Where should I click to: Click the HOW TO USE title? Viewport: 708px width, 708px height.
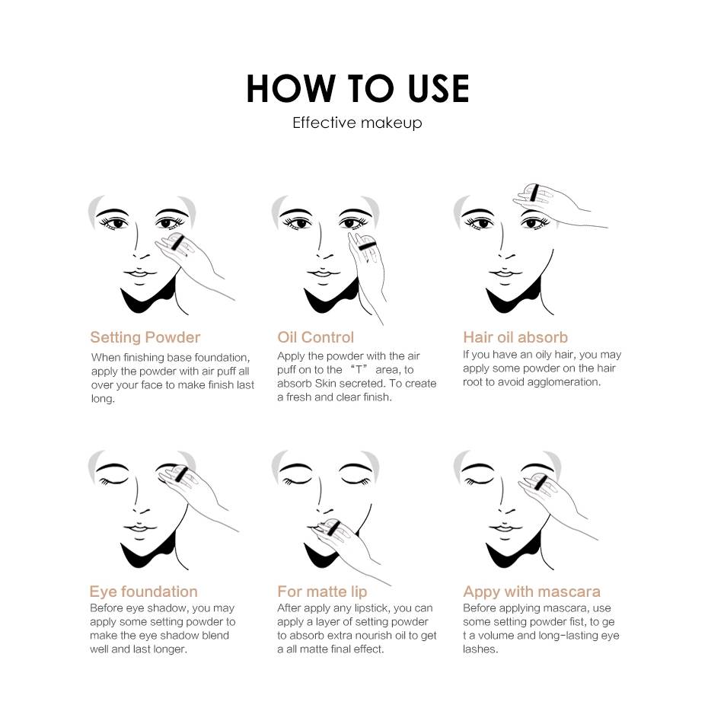pyautogui.click(x=357, y=88)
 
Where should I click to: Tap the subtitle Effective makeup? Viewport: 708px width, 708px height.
pyautogui.click(x=357, y=123)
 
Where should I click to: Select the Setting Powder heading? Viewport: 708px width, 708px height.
pyautogui.click(x=145, y=337)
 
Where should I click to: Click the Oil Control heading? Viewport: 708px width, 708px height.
pyautogui.click(x=316, y=337)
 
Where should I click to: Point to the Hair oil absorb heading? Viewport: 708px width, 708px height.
pyautogui.click(x=515, y=337)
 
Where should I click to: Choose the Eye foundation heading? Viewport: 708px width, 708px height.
pyautogui.click(x=144, y=592)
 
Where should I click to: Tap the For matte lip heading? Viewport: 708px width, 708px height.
pyautogui.click(x=322, y=592)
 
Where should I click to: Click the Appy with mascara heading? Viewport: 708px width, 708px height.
pyautogui.click(x=531, y=592)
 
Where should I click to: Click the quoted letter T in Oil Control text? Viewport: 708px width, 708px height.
pyautogui.click(x=359, y=370)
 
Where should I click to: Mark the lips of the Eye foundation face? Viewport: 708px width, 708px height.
pyautogui.click(x=140, y=528)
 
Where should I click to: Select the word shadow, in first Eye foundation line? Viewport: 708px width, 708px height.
pyautogui.click(x=171, y=608)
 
